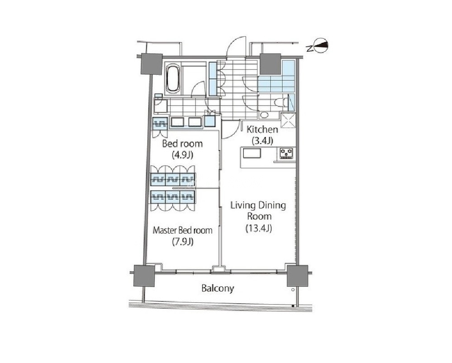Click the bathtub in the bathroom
click(173, 78)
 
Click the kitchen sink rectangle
click(252, 153)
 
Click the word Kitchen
click(262, 129)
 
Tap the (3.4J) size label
click(262, 141)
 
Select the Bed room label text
click(182, 144)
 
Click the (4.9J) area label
click(182, 155)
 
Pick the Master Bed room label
click(182, 230)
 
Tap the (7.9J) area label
click(182, 242)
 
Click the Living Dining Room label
click(258, 211)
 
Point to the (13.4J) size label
click(259, 228)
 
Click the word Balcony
click(218, 288)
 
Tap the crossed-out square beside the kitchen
click(288, 121)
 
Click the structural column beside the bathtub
click(152, 64)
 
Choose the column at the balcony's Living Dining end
click(298, 276)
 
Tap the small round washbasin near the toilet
click(264, 115)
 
